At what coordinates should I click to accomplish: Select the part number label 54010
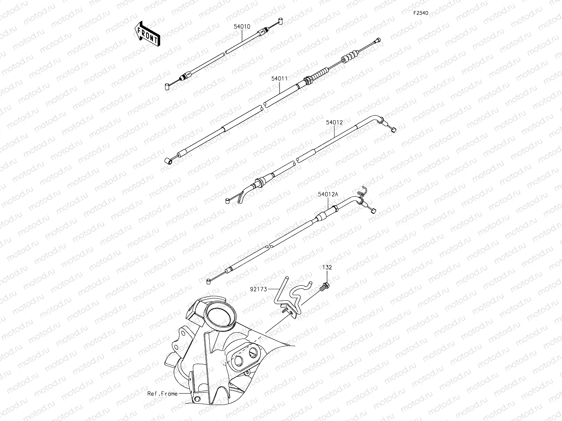[242, 27]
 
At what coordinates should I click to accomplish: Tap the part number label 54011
[279, 79]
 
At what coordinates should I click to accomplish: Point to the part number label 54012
[335, 122]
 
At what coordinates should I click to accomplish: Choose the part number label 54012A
[328, 194]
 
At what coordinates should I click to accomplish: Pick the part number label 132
[327, 267]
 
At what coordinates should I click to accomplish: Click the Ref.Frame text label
[162, 394]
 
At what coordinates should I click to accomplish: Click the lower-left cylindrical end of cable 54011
[168, 161]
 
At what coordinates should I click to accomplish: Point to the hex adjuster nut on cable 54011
[307, 80]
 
